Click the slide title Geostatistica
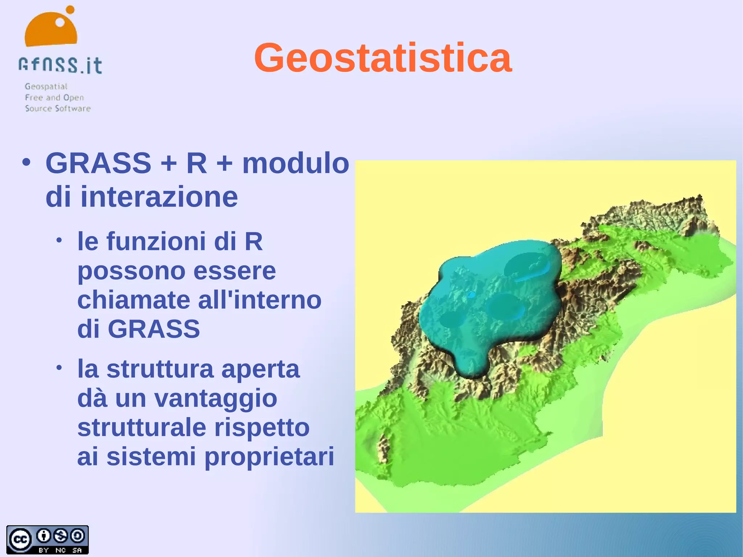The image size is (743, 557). pos(383,58)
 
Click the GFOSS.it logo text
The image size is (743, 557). pos(60,66)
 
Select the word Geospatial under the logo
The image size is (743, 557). pos(46,86)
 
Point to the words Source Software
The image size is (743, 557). pos(58,108)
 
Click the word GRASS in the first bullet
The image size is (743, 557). pos(98,163)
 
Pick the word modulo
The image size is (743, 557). pos(296,163)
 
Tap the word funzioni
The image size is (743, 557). pos(156,241)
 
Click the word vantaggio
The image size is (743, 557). pos(215,398)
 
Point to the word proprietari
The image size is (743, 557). pos(269,457)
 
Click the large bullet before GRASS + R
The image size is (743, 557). pos(26,162)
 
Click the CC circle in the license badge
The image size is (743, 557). pos(20,540)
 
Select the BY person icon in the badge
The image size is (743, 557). pos(44,536)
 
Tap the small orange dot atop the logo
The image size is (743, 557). pos(70,9)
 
